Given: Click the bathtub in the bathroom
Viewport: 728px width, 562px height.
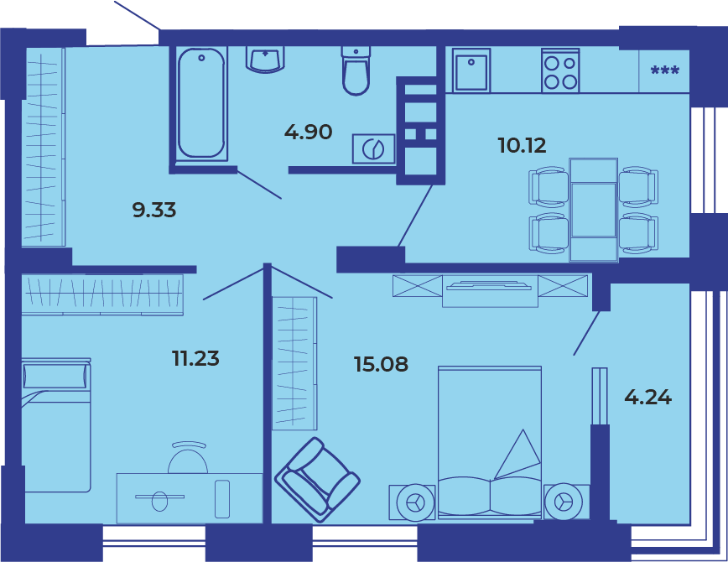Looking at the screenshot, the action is [201, 103].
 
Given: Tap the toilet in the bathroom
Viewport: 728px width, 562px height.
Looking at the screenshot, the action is [356, 70].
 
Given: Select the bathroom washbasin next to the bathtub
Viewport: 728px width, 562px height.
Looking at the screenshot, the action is [265, 60].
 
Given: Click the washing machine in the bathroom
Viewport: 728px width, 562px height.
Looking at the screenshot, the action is [374, 148].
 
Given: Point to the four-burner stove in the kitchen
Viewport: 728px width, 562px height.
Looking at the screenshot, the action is [560, 70].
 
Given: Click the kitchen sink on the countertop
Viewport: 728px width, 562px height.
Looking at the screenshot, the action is [471, 70].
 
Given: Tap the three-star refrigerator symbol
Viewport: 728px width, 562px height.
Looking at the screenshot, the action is [665, 70].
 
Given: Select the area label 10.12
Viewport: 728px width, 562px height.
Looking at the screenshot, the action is [522, 145].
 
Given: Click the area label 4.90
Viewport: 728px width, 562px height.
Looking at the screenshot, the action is [309, 133].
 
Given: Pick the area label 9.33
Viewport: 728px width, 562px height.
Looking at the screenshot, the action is [154, 210].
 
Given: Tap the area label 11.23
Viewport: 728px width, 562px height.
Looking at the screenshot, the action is [195, 358].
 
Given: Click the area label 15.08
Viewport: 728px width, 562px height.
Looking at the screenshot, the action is [381, 364].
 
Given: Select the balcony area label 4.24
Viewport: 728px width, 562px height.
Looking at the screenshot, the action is [648, 398].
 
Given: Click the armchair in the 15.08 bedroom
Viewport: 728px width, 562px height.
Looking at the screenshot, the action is [318, 480].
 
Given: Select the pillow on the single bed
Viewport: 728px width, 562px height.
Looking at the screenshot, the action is [55, 376].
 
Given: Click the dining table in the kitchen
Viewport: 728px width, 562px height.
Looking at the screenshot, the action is [594, 210].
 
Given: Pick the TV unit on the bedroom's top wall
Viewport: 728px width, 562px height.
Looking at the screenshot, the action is [490, 291].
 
